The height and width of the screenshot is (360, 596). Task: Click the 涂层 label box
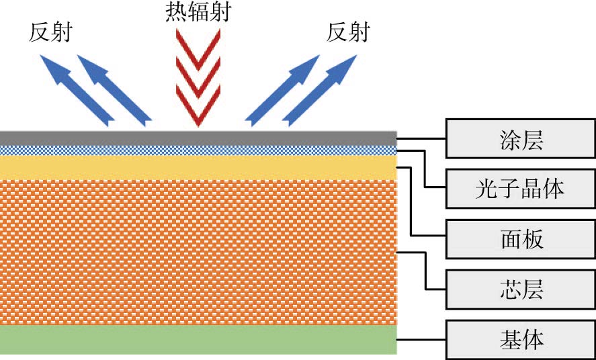[521, 139]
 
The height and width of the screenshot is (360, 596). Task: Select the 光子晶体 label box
[521, 188]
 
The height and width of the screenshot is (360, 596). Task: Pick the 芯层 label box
[521, 289]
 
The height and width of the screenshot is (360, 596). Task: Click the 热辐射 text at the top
[198, 11]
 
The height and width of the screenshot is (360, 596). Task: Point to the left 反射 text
[50, 32]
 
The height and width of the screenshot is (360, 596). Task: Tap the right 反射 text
[347, 32]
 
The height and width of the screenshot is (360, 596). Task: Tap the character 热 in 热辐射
[176, 11]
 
